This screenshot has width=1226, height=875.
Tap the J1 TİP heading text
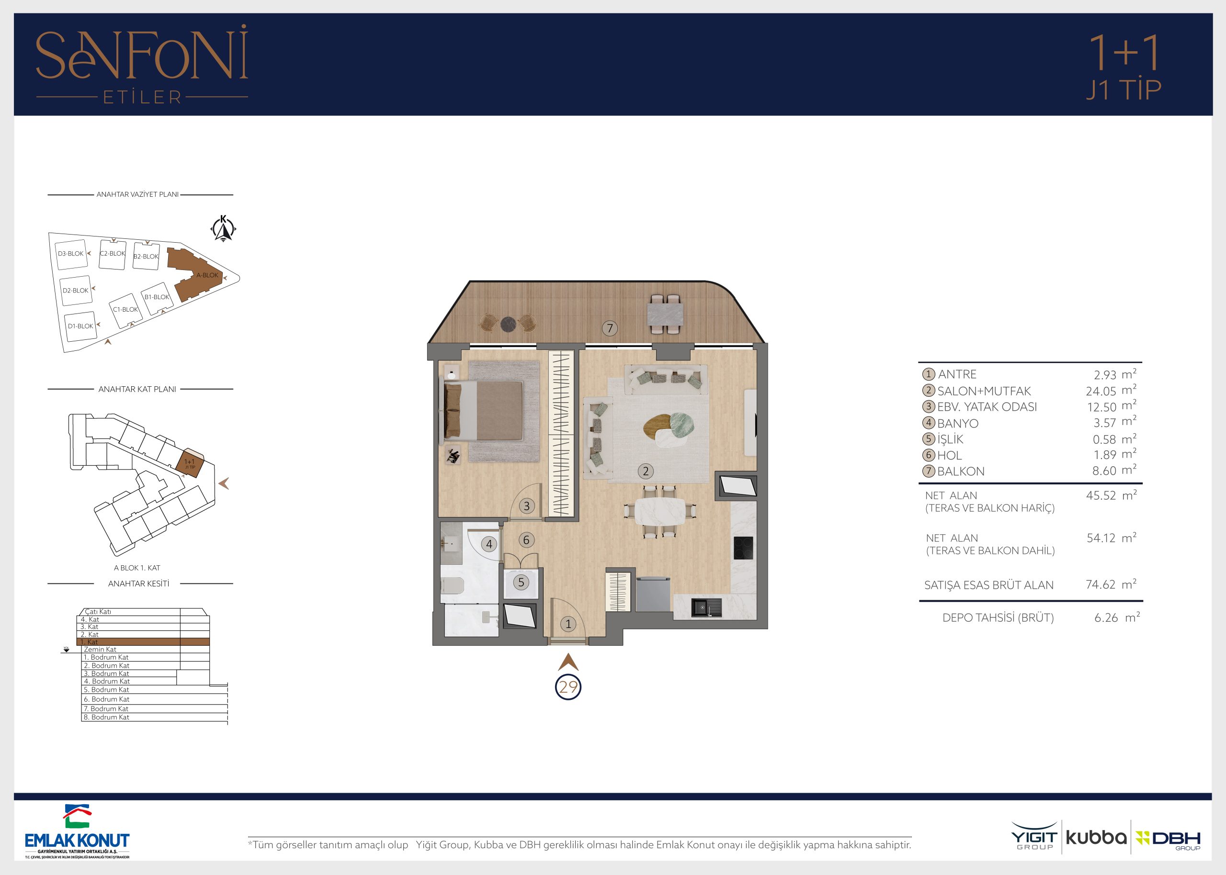point(1123,90)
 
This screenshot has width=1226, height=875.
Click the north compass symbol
point(223,228)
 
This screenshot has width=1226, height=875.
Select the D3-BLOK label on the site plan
point(70,254)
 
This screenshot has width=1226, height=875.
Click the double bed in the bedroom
point(483,411)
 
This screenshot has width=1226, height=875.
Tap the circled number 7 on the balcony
point(610,328)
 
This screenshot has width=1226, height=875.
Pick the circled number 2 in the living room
point(646,471)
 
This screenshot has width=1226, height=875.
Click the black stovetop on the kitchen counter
point(743,549)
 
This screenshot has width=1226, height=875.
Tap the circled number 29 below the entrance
point(568,687)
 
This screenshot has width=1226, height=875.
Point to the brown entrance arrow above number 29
point(568,662)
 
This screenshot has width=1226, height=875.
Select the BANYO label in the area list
point(958,424)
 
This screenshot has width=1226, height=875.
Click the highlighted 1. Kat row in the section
point(143,642)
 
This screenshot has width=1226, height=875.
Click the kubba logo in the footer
point(1096,838)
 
